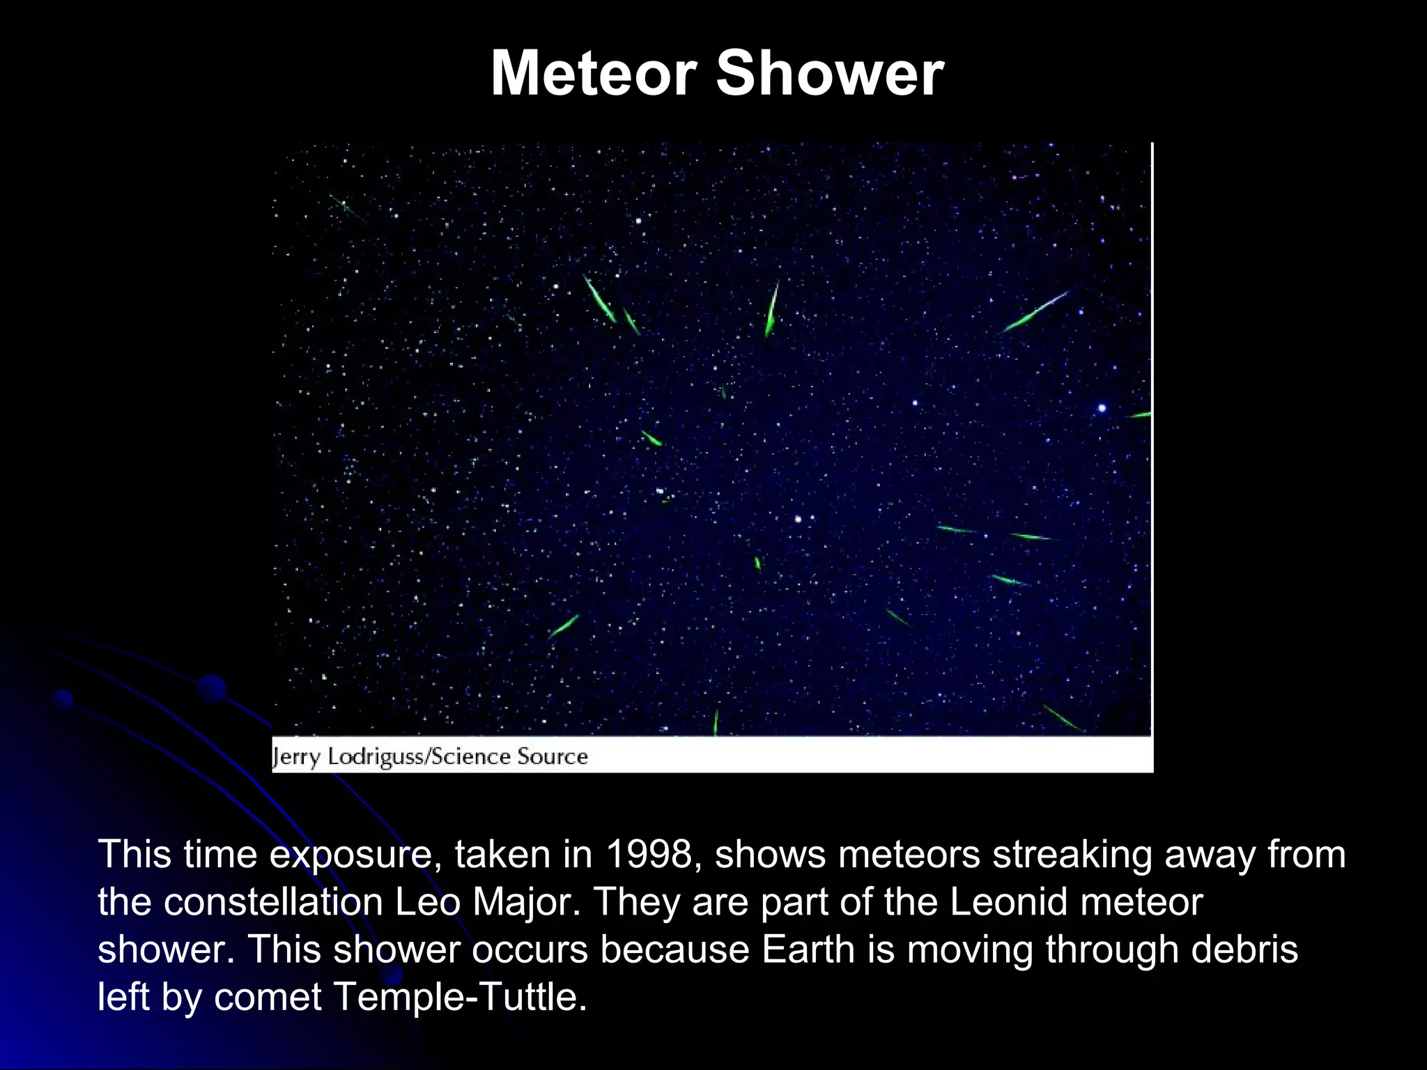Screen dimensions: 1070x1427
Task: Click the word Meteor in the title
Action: tap(594, 73)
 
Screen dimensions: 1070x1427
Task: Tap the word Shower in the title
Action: tap(830, 73)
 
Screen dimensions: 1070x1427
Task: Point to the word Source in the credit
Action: tap(553, 757)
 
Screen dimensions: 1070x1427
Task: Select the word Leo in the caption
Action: tap(428, 902)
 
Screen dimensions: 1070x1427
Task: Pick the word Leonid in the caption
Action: tap(1009, 902)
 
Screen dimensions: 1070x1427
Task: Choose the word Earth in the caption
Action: tap(808, 949)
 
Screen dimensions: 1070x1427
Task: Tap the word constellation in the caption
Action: tap(273, 902)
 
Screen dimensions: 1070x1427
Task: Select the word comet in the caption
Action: tap(268, 997)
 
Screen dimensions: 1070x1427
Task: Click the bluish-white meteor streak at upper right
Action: tap(1034, 312)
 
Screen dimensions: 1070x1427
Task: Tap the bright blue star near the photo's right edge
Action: tap(1102, 408)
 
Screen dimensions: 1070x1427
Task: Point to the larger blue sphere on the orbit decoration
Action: tap(211, 689)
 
